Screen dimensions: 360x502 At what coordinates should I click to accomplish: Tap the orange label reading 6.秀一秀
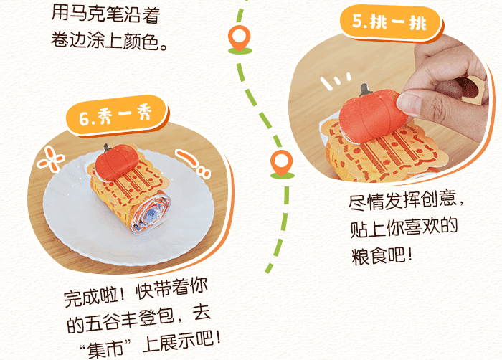(117, 116)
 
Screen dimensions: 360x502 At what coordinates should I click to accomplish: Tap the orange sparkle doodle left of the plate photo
(50, 159)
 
